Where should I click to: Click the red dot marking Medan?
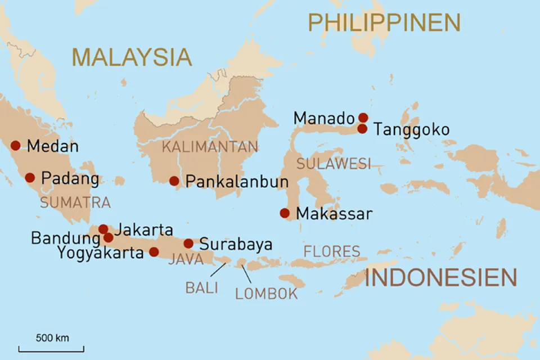pos(15,146)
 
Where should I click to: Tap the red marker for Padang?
pos(30,178)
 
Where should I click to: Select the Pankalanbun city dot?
pos(174,181)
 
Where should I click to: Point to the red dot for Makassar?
pos(285,213)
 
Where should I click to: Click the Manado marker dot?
pos(363,118)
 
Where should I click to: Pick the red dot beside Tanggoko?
pos(363,129)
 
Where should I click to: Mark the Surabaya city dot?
pos(188,244)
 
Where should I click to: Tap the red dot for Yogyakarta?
pos(154,251)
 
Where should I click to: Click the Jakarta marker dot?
pos(103,229)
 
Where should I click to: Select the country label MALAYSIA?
pos(132,57)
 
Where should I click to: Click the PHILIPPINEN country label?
pos(384,22)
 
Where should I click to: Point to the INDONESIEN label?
pos(440,278)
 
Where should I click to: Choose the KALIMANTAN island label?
pos(210,147)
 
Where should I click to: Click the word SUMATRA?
pos(75,202)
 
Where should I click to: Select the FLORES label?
pos(332,251)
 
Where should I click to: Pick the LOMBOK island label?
pos(266,293)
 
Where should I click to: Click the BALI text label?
pos(201,287)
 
